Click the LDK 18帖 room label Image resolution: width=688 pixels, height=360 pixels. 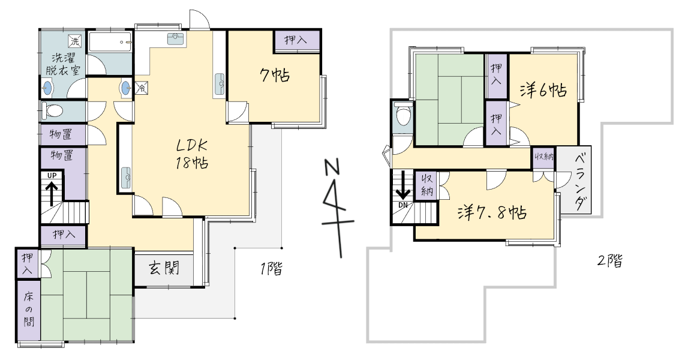click(x=192, y=154)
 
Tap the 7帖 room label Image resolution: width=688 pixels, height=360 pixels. click(x=275, y=76)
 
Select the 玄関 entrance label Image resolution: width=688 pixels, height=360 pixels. click(x=164, y=267)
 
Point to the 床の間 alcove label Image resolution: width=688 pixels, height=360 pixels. click(x=29, y=309)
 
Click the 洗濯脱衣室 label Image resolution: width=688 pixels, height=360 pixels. click(x=63, y=64)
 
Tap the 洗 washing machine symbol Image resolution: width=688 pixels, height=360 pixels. click(x=75, y=42)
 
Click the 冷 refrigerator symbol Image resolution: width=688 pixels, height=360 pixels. click(x=142, y=88)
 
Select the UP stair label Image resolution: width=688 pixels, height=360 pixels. click(x=52, y=176)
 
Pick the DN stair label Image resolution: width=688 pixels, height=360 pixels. click(x=403, y=205)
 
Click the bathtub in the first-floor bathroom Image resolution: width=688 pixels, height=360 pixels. click(x=110, y=43)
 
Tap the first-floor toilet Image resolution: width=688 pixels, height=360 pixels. click(x=53, y=110)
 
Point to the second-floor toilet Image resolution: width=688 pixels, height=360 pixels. click(x=402, y=115)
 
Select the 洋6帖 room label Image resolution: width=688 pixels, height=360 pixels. click(x=543, y=91)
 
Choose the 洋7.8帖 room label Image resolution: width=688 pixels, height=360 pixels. click(x=492, y=213)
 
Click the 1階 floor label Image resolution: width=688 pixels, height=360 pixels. click(x=272, y=268)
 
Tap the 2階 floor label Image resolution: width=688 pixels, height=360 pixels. click(x=610, y=261)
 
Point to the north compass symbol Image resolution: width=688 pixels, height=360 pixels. click(x=337, y=206)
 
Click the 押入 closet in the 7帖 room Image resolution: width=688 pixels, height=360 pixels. click(x=298, y=41)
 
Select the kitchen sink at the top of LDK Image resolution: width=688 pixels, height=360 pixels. click(x=176, y=38)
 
